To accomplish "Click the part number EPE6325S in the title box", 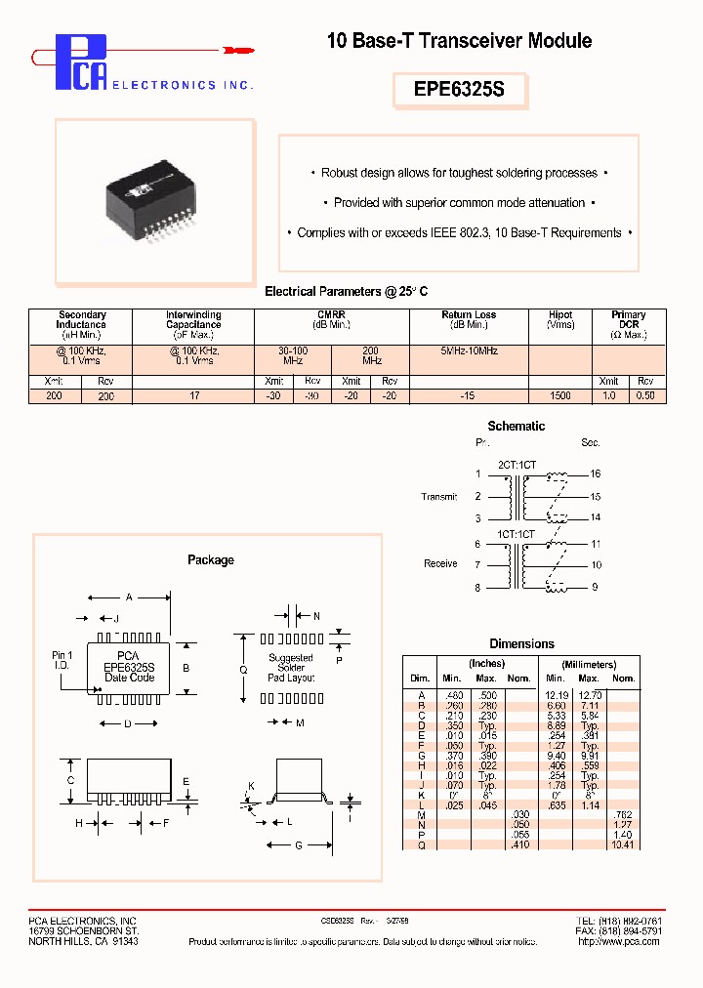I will [459, 89].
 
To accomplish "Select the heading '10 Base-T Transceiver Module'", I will [459, 41].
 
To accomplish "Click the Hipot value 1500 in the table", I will [560, 396].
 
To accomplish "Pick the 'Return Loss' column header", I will [469, 320].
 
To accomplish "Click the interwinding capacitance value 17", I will [193, 396].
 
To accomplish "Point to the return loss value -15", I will [469, 396].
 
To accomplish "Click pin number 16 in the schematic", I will [596, 473].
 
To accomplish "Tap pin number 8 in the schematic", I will [478, 588].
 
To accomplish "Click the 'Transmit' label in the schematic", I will [439, 497].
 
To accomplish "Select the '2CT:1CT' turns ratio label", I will [517, 465].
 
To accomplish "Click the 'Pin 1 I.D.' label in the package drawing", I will [62, 660].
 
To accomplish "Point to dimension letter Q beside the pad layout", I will [243, 669].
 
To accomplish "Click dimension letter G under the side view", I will [298, 845].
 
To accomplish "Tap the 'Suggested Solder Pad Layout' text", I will [291, 667].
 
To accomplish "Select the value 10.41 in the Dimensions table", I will [622, 844].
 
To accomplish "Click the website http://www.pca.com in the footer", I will [619, 941].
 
